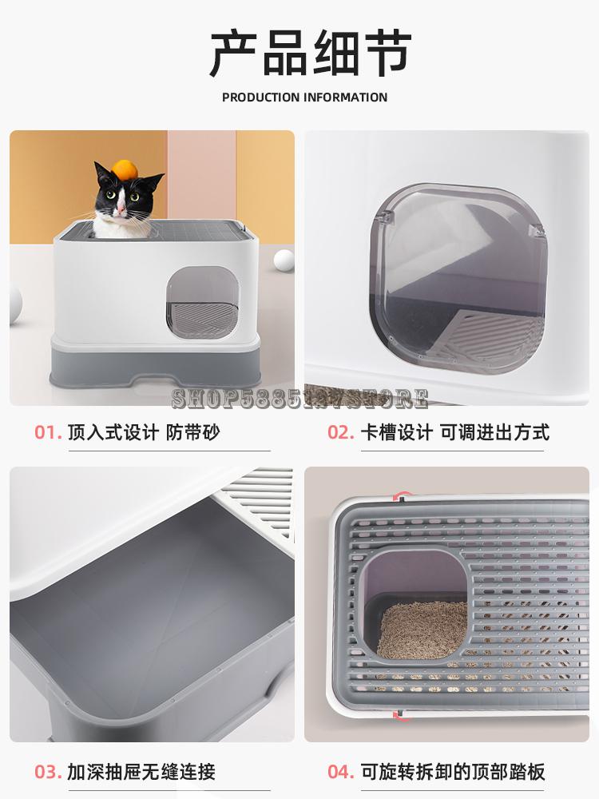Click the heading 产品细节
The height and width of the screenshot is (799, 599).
point(310,54)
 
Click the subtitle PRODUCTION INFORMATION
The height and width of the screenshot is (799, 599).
point(304,97)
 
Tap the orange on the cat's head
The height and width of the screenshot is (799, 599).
point(125,169)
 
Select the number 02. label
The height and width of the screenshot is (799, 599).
point(341,432)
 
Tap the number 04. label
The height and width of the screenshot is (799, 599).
point(341,772)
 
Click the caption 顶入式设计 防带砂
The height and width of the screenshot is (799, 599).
point(143,432)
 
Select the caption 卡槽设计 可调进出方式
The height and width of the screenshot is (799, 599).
point(455,432)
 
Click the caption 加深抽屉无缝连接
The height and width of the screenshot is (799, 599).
point(141,772)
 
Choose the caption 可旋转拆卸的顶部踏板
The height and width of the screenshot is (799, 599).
point(453,772)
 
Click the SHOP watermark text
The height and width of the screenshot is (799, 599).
point(299,397)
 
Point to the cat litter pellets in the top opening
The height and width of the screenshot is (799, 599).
point(421,629)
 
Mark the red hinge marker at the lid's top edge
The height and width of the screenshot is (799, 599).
point(404,498)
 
